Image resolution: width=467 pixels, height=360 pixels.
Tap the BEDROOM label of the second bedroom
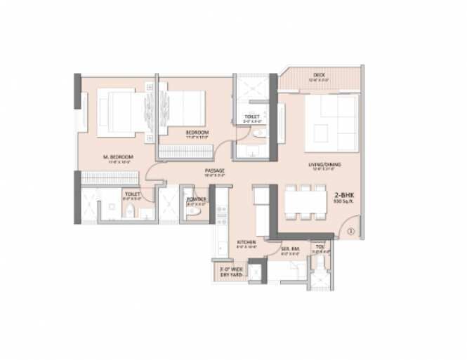pyautogui.click(x=197, y=131)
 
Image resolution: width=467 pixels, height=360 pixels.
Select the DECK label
pyautogui.click(x=320, y=76)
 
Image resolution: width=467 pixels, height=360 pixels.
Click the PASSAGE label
pyautogui.click(x=214, y=171)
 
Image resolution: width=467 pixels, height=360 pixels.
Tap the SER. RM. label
pyautogui.click(x=291, y=248)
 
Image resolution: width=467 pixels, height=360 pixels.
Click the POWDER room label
pyautogui.click(x=196, y=200)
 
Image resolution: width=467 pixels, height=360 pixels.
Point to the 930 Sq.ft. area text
pyautogui.click(x=343, y=201)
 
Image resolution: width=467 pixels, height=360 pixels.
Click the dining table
pyautogui.click(x=305, y=201)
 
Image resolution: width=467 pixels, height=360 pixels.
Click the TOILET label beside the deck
pyautogui.click(x=252, y=116)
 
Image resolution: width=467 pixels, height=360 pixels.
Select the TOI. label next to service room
pyautogui.click(x=320, y=248)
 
